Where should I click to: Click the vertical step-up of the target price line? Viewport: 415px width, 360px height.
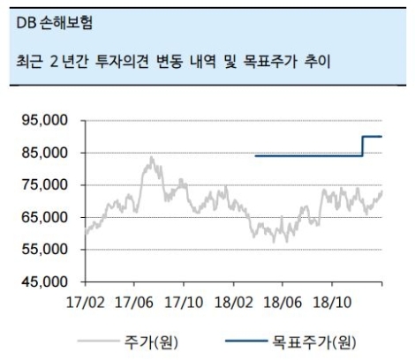point(363,146)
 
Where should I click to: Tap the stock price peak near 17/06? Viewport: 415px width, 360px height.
point(151,158)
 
